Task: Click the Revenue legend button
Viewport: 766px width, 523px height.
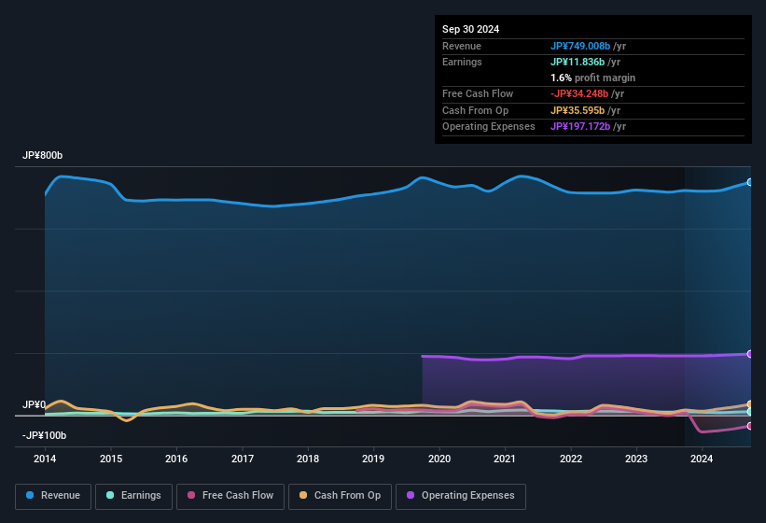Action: click(x=54, y=496)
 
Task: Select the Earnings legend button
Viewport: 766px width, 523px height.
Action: click(x=134, y=496)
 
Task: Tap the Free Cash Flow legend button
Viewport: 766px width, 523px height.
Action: click(x=230, y=496)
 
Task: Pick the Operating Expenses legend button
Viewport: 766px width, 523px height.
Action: click(x=461, y=496)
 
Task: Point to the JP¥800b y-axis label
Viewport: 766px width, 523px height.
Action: click(x=42, y=156)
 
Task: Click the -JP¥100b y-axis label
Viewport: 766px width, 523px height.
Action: click(x=44, y=436)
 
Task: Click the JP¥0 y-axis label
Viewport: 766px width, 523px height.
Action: click(x=34, y=405)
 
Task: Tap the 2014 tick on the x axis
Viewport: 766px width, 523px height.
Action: click(x=45, y=459)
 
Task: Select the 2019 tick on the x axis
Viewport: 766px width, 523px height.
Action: click(x=373, y=459)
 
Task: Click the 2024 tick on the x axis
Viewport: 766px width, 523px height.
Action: click(x=702, y=459)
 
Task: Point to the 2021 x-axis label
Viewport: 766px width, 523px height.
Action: click(x=505, y=459)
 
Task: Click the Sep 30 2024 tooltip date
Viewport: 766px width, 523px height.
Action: click(x=470, y=29)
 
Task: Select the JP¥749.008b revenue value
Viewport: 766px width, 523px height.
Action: click(x=579, y=46)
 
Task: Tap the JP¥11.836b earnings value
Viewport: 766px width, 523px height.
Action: click(x=576, y=62)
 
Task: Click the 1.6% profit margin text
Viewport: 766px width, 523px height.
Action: click(x=592, y=78)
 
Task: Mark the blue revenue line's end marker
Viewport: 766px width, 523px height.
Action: click(x=750, y=182)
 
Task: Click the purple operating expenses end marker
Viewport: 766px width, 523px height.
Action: click(x=750, y=354)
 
